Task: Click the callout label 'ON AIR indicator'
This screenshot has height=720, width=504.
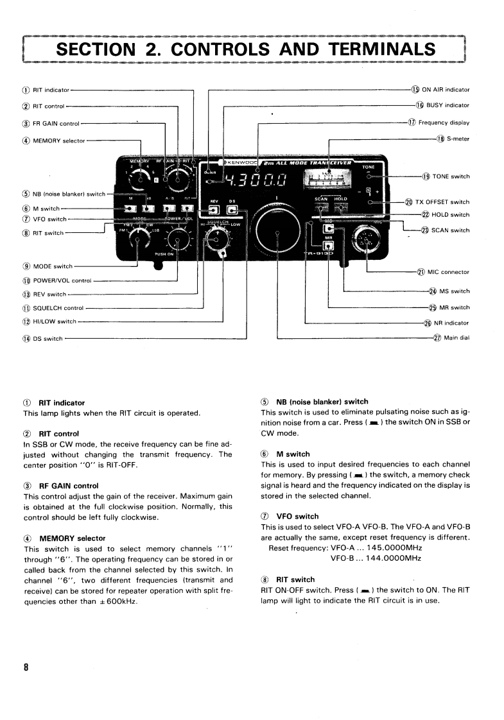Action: pyautogui.click(x=446, y=90)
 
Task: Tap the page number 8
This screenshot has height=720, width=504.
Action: pyautogui.click(x=26, y=667)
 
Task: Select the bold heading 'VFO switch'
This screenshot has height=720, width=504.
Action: pyautogui.click(x=297, y=516)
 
